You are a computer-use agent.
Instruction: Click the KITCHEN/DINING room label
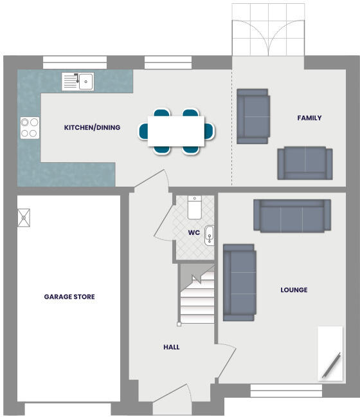pos(92,127)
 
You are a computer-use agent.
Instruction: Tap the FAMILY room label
pos(309,118)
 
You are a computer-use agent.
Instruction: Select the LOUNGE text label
pos(294,290)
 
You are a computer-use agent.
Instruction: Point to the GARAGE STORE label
pos(69,297)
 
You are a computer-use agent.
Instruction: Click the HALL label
pos(171,347)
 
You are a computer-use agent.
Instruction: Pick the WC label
pos(194,232)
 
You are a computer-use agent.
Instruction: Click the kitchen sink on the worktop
pos(78,81)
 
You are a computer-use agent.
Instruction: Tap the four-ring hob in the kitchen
pos(29,127)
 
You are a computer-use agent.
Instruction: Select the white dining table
pos(176,131)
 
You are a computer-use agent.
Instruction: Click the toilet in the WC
pos(195,207)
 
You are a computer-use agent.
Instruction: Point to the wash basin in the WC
pos(210,236)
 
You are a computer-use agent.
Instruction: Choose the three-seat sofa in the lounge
pos(292,215)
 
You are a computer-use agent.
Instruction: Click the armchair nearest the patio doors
pos(253,116)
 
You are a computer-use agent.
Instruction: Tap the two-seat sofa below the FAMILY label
pos(304,163)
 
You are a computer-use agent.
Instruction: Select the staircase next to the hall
pos(196,297)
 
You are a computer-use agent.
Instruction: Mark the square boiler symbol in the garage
pos(24,217)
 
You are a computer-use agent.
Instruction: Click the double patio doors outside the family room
pos(268,30)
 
